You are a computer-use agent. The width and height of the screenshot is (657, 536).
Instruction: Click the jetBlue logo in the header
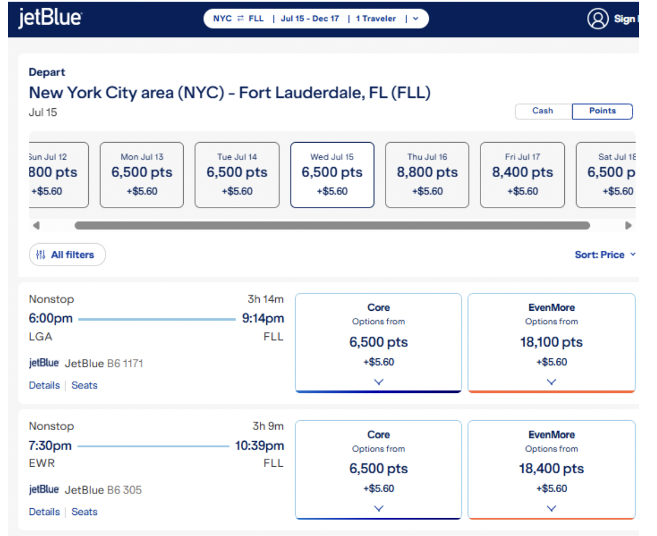tap(50, 18)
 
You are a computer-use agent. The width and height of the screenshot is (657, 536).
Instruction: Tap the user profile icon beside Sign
tap(598, 19)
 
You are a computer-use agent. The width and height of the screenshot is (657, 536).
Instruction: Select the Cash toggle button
tap(543, 111)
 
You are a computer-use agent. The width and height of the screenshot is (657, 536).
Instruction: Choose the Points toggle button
tap(602, 111)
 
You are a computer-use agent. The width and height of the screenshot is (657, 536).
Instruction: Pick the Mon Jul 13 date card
tap(141, 175)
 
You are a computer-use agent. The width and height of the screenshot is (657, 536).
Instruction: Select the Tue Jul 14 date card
tap(237, 175)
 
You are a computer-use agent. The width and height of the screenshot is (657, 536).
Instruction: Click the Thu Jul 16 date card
tap(427, 175)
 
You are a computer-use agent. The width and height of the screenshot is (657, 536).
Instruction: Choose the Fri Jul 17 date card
tap(522, 175)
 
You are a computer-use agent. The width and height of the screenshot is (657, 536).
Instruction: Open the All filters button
tap(67, 255)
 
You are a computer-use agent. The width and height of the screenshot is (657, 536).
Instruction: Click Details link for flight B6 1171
tap(44, 385)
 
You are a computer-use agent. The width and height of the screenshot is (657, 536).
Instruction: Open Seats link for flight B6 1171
tap(84, 385)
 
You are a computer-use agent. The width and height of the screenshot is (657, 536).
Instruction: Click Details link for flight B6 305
tap(44, 512)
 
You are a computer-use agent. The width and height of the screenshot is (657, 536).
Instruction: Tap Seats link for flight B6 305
tap(84, 512)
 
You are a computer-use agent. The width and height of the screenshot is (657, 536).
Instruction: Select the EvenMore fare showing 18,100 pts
tap(551, 342)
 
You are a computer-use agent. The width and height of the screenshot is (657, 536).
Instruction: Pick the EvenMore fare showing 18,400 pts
tap(551, 469)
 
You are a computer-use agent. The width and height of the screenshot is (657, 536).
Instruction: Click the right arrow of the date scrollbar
tap(628, 226)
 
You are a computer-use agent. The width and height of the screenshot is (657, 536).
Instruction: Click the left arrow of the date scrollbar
tap(36, 226)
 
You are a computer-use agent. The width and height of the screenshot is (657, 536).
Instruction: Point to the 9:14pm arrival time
tap(263, 318)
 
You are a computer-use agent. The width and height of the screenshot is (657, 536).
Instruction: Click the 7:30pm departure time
tap(50, 446)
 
